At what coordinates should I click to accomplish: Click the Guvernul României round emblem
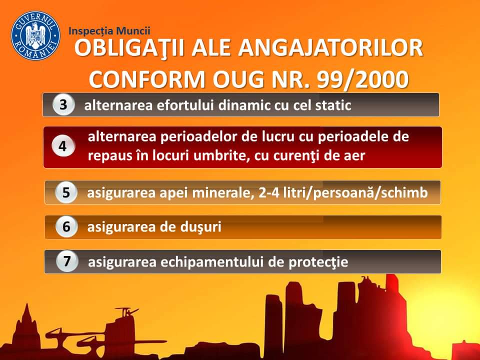point(35,36)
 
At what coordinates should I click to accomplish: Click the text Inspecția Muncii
point(109,31)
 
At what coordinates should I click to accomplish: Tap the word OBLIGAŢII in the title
point(129,48)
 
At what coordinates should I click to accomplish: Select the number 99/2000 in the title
point(362,79)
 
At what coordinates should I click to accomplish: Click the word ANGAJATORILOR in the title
point(330,48)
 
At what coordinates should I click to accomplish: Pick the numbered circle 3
point(63,104)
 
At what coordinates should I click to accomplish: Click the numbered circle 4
point(63,146)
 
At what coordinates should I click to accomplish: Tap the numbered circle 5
point(66,192)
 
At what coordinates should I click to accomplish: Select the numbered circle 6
point(66,227)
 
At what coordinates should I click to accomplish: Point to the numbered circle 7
point(67,261)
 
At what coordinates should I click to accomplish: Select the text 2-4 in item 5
point(269,193)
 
